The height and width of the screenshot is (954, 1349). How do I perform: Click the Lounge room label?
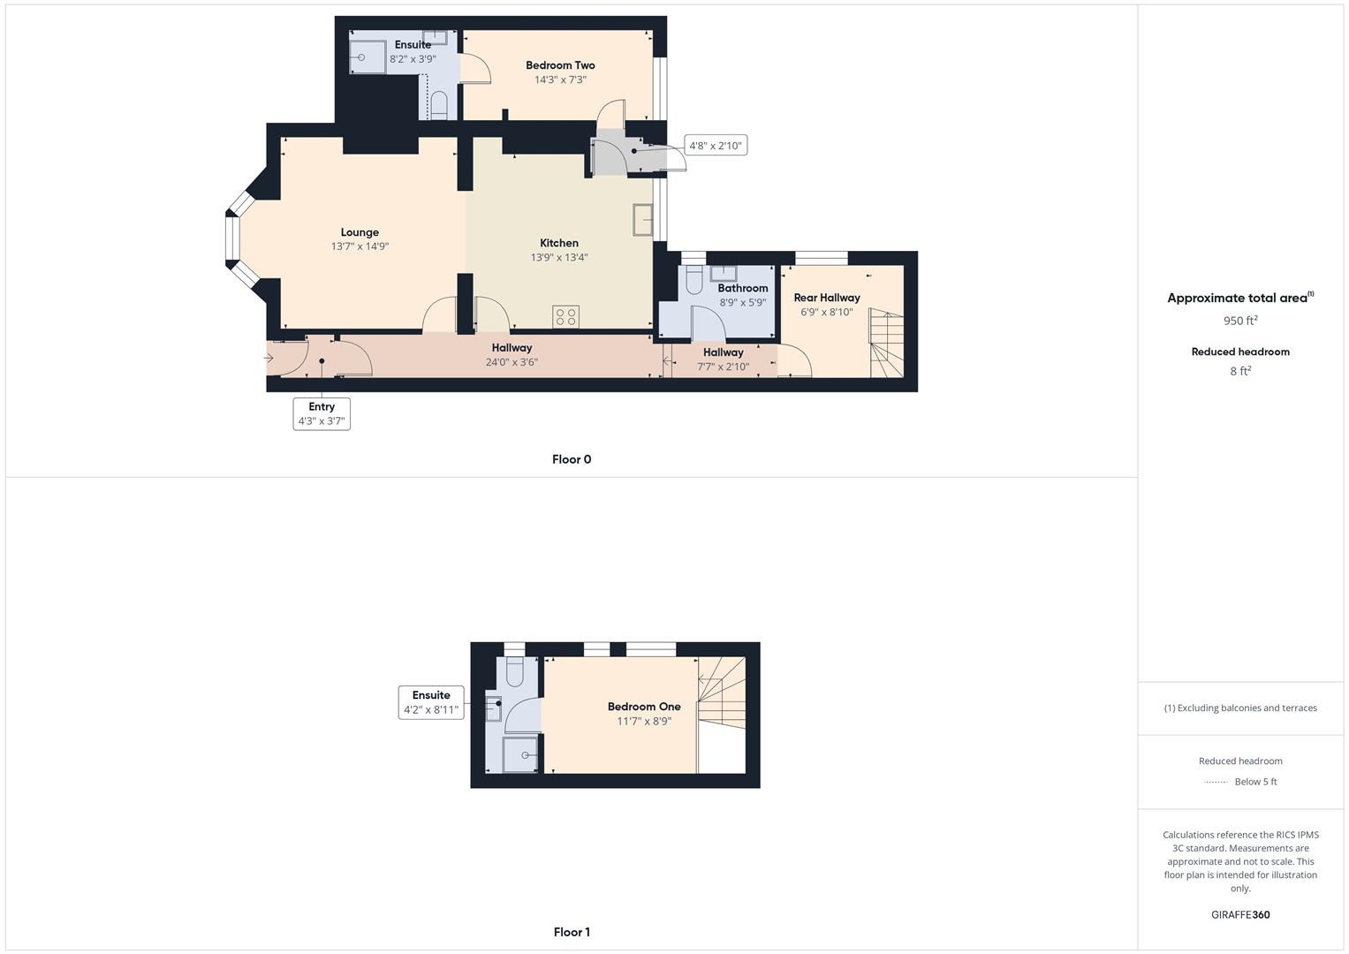tap(360, 232)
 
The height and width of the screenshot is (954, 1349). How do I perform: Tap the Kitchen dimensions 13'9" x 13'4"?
tap(559, 258)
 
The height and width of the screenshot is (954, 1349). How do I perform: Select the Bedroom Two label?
tap(560, 65)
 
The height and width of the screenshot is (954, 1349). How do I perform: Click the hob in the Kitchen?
tap(566, 316)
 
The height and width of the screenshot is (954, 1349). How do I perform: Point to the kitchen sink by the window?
tap(642, 220)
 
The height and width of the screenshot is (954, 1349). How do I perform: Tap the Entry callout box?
tap(322, 413)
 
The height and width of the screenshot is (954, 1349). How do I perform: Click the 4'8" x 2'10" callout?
tap(716, 146)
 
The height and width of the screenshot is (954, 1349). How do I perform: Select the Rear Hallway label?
tap(827, 298)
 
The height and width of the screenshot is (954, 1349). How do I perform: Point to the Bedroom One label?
tap(644, 707)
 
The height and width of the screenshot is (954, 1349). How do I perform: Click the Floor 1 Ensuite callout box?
tap(431, 702)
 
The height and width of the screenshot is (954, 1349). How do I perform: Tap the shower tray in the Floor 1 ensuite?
tap(521, 755)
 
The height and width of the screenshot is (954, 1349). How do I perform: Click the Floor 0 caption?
tap(572, 459)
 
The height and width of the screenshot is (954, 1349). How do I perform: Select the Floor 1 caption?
tap(572, 932)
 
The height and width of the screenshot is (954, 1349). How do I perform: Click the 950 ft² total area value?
tap(1240, 321)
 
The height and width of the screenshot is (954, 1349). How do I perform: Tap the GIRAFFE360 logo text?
tap(1240, 915)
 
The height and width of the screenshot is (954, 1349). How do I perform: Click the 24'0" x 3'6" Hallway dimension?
tap(512, 362)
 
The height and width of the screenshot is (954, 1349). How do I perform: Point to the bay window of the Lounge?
tap(233, 239)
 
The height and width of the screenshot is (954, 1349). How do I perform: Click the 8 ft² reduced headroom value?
tap(1240, 371)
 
